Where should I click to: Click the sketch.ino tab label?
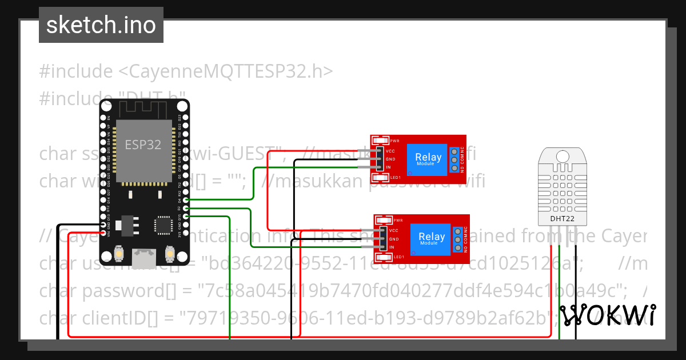pyautogui.click(x=101, y=25)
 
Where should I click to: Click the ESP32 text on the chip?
pyautogui.click(x=143, y=145)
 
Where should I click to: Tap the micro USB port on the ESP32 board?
pyautogui.click(x=143, y=258)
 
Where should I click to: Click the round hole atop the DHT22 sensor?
pyautogui.click(x=563, y=155)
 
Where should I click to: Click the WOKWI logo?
pyautogui.click(x=607, y=315)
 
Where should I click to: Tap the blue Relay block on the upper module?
pyautogui.click(x=428, y=159)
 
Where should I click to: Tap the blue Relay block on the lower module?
pyautogui.click(x=431, y=239)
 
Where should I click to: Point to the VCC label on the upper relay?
pyautogui.click(x=390, y=151)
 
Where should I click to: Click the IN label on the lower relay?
pyautogui.click(x=393, y=247)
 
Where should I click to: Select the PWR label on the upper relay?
pyautogui.click(x=394, y=141)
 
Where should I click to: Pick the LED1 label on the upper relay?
pyautogui.click(x=395, y=177)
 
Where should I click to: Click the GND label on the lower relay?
pyautogui.click(x=394, y=239)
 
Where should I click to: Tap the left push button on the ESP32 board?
pyautogui.click(x=119, y=253)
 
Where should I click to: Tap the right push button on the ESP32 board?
pyautogui.click(x=169, y=253)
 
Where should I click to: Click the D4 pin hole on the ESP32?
pyautogui.click(x=185, y=201)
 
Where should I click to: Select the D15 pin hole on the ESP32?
pyautogui.click(x=185, y=217)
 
